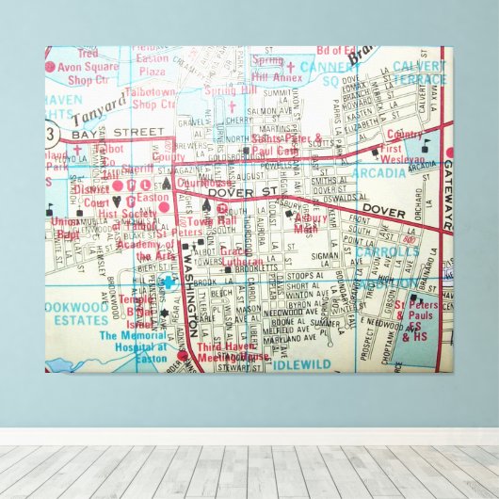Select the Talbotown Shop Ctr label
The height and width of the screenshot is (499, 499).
pyautogui.click(x=153, y=98)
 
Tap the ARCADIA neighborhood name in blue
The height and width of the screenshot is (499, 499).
pyautogui.click(x=379, y=173)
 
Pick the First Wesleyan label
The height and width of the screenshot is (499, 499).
pyautogui.click(x=404, y=154)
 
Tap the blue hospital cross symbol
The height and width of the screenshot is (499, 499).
pyautogui.click(x=168, y=282)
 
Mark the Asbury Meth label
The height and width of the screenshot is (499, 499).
pyautogui.click(x=311, y=222)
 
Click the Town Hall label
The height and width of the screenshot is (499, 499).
pyautogui.click(x=224, y=218)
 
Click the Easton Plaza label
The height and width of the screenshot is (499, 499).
pyautogui.click(x=153, y=64)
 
